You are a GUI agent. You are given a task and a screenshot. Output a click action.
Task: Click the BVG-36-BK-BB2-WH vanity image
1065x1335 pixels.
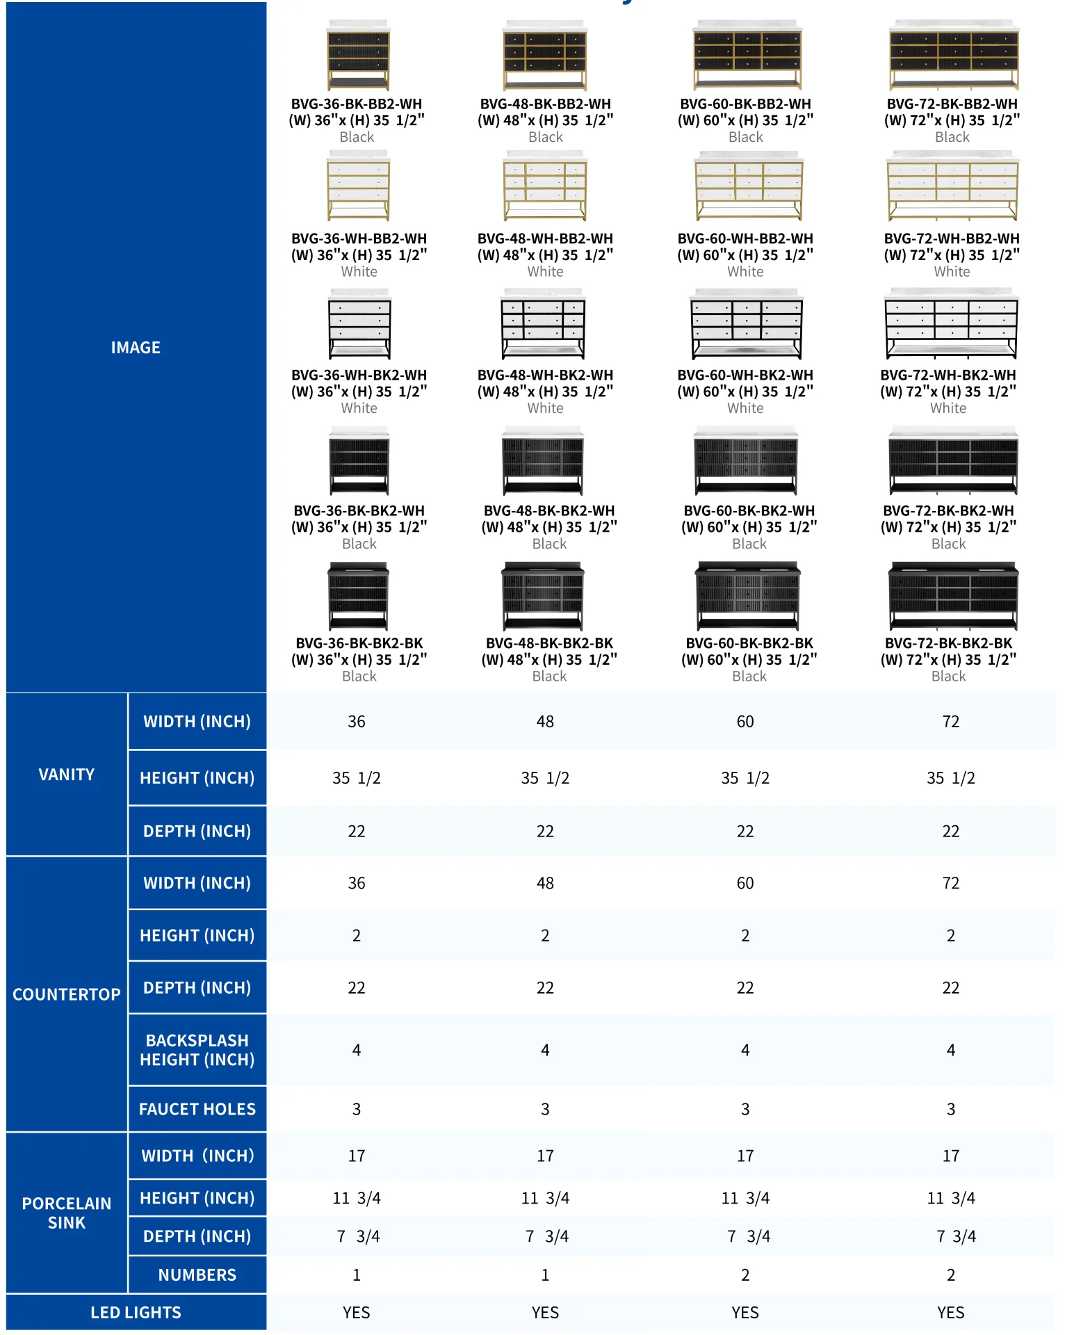coord(358,56)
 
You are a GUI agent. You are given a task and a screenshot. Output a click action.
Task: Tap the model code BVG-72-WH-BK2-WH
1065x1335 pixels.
coord(948,375)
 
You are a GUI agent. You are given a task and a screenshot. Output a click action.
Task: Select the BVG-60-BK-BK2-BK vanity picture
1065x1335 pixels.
coord(748,597)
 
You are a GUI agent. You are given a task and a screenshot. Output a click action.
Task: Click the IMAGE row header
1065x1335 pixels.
coord(136,348)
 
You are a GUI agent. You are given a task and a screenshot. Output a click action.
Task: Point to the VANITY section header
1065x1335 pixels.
coord(67,775)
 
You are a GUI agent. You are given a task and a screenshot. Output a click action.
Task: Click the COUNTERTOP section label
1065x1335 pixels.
coord(67,994)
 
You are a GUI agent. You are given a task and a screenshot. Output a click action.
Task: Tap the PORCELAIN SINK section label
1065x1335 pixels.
coord(67,1213)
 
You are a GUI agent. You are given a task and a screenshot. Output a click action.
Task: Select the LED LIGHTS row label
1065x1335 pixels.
coord(136,1312)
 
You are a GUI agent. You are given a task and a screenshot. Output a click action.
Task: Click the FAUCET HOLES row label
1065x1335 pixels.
coord(197,1109)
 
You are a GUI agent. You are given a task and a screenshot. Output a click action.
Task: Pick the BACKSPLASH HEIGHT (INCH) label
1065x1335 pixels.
coord(197,1050)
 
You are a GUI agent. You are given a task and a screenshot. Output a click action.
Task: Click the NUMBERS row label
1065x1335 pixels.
coord(197,1275)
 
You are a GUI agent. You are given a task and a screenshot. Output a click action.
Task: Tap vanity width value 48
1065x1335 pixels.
coord(545,722)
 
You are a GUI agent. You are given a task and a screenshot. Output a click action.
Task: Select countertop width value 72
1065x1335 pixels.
coord(950,883)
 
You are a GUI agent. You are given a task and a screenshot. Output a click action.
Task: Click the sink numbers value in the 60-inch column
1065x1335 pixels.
coord(745,1275)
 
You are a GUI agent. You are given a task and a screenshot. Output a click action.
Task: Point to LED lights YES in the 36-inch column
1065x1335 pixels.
coord(356,1312)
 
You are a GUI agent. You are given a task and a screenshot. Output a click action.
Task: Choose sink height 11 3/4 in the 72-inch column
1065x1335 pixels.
coord(950,1198)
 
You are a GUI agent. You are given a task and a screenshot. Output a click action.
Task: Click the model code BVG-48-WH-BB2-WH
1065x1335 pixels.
coord(545,238)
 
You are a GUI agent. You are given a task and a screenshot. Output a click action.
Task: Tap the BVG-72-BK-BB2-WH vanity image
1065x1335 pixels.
coord(954,56)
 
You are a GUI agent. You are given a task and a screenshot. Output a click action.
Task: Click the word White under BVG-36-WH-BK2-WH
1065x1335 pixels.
coord(359,408)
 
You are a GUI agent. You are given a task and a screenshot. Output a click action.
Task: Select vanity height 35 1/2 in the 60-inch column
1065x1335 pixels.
coord(745,778)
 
